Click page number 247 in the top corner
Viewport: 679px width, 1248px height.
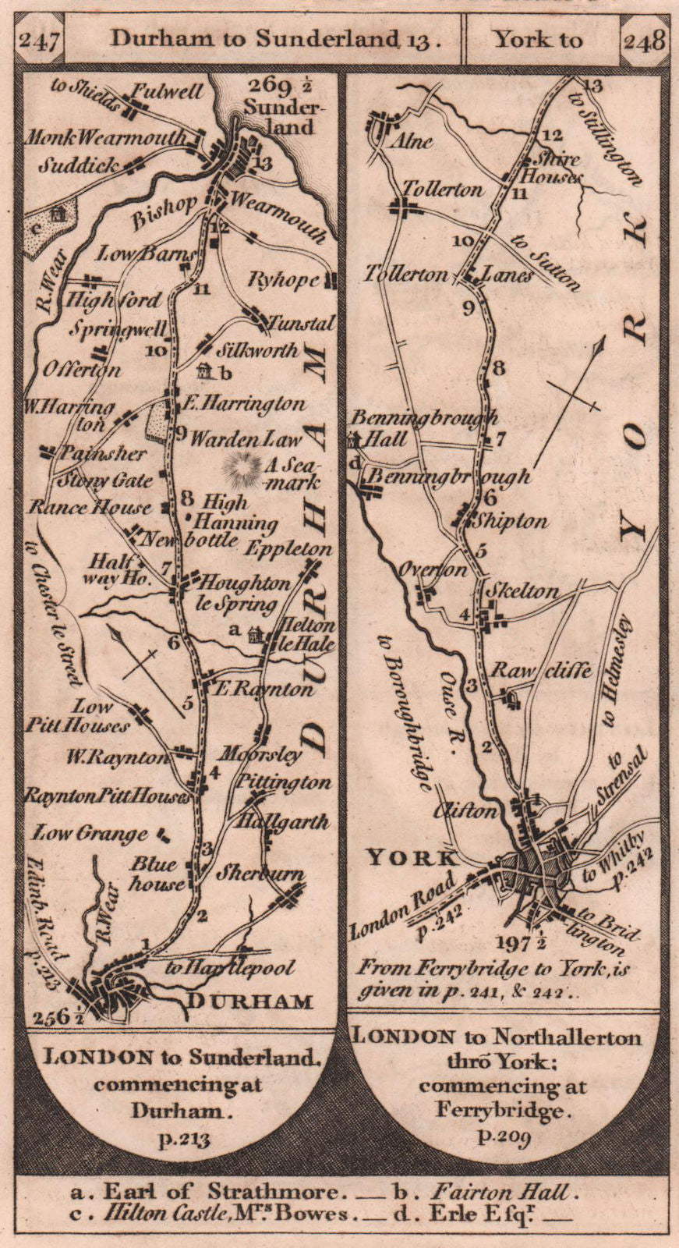38,39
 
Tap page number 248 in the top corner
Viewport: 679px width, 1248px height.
644,39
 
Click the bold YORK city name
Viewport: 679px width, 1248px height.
412,859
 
